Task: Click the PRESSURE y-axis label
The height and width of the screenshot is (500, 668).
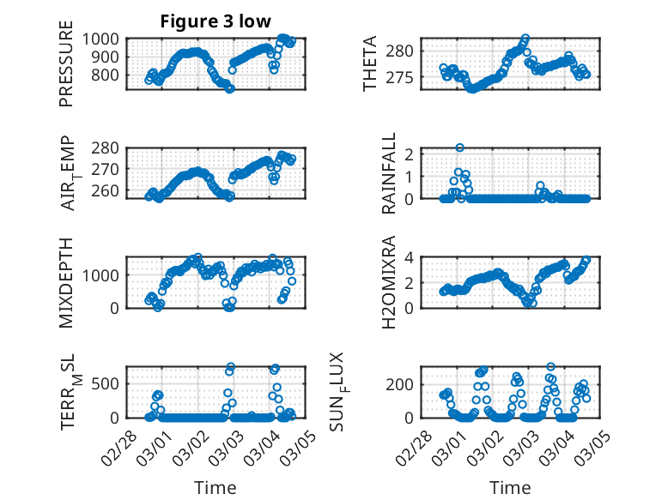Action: point(66,69)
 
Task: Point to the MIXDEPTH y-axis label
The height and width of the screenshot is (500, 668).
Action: point(66,282)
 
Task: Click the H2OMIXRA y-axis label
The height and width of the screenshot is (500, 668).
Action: point(389,282)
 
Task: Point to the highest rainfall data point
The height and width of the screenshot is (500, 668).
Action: point(460,148)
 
